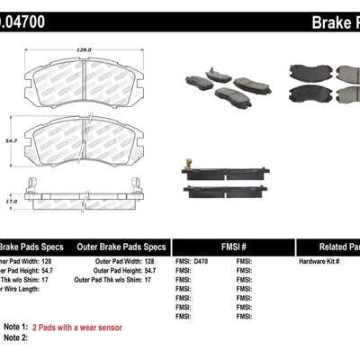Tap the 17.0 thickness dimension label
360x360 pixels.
(x=10, y=202)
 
